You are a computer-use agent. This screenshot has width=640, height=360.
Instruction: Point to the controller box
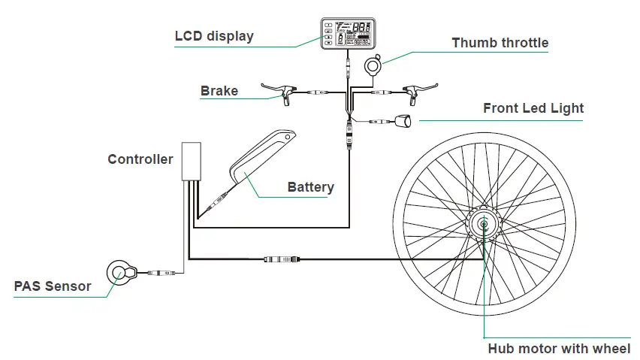click(x=192, y=161)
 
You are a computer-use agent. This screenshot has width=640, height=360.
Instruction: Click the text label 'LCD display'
click(x=214, y=36)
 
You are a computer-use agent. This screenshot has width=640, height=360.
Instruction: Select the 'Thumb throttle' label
click(x=500, y=43)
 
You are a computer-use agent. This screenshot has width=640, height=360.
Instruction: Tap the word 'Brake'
click(x=219, y=92)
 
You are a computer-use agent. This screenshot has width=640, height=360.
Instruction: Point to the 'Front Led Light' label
click(x=533, y=108)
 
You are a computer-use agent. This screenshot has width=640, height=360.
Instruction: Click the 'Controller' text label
click(x=140, y=159)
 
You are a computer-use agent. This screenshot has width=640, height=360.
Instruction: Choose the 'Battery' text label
click(x=310, y=187)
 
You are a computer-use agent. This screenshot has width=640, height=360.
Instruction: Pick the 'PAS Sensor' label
click(x=53, y=286)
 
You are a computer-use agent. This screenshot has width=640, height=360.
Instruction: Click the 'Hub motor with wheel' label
click(x=559, y=348)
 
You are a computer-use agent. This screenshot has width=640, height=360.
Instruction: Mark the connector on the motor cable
click(x=281, y=260)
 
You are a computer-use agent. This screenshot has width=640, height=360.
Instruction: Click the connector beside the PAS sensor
click(x=162, y=273)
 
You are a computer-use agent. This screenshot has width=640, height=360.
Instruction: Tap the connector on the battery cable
click(x=219, y=201)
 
